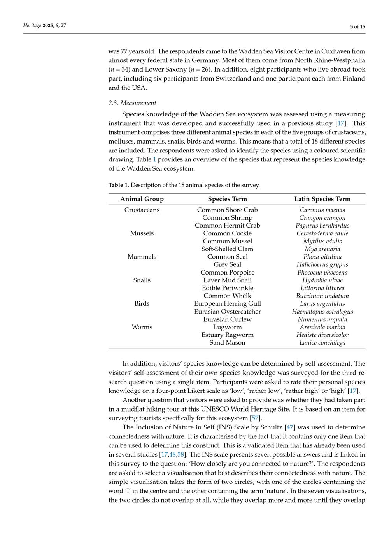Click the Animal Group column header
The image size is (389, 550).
(x=142, y=199)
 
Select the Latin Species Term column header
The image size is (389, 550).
(x=322, y=199)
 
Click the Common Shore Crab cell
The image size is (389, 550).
(x=227, y=210)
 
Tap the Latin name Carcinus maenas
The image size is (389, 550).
(x=322, y=210)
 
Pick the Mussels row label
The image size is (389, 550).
(x=142, y=233)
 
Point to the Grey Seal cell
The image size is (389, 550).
(x=227, y=264)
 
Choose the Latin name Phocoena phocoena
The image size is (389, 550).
(x=322, y=272)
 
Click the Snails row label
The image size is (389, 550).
(x=142, y=280)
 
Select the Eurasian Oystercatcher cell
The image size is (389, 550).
(x=227, y=311)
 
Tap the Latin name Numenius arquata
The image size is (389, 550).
(x=322, y=319)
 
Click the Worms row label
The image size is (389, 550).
(x=142, y=327)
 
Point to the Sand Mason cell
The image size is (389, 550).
(x=227, y=343)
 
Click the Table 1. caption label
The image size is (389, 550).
(x=119, y=185)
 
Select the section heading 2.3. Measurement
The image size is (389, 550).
(x=132, y=103)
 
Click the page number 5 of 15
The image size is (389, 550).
(x=357, y=26)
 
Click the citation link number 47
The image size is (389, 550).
(x=290, y=427)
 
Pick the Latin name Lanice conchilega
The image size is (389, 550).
(x=322, y=343)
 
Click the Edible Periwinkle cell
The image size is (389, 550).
(x=227, y=288)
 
